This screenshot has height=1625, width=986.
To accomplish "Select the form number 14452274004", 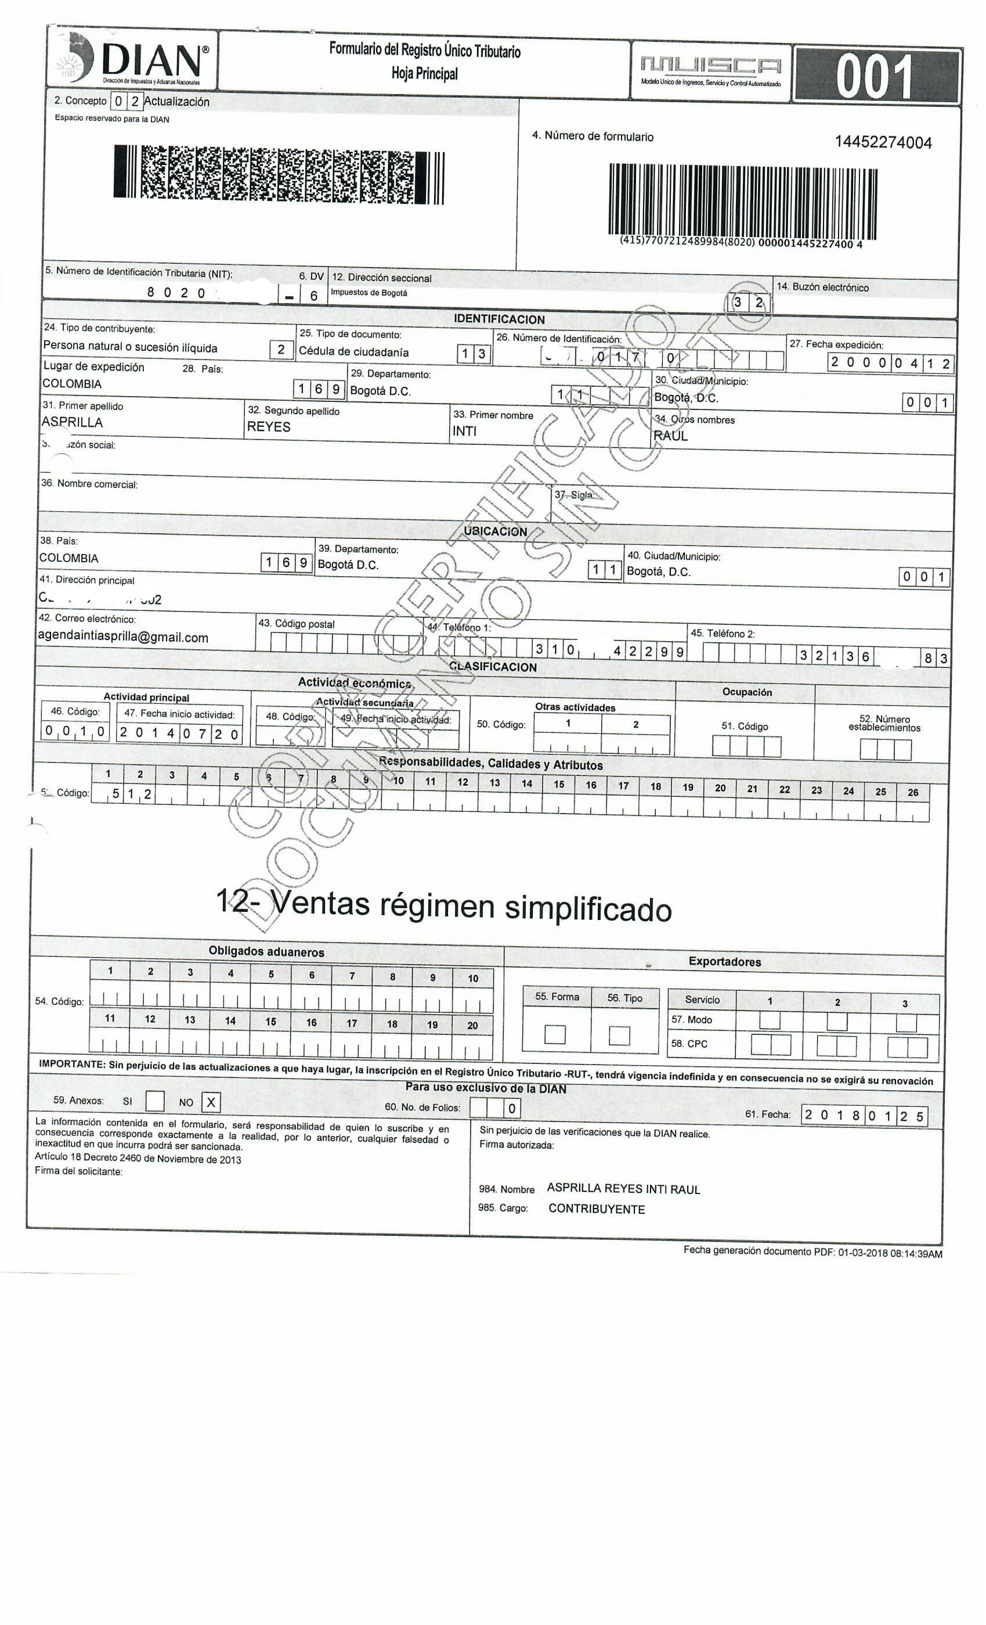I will coord(883,142).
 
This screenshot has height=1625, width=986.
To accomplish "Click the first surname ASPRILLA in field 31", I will coord(73,423).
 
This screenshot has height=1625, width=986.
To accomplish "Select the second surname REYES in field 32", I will coord(268,427).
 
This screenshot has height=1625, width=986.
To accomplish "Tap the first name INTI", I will coord(464,432).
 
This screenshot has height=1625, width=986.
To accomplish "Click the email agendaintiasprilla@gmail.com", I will coord(123,637).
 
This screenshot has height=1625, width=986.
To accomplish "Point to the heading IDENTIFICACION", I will coord(499,319).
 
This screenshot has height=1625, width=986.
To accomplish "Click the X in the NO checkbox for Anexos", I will coord(211,1102).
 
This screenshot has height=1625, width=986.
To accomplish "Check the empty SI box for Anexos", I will coord(155,1101).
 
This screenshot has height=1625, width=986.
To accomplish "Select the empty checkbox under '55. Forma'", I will coord(555,1034).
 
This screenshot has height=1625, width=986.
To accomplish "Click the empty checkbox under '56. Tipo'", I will coord(619,1036).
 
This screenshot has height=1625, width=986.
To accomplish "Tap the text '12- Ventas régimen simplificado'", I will coord(443,905).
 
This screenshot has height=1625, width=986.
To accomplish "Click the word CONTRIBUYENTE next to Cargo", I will coord(597,1209).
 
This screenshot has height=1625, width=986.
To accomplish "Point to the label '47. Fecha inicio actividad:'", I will coord(179,714).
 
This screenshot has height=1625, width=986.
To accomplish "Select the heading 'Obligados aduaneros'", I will coord(266,952).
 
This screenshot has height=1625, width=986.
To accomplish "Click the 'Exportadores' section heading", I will coord(724,962).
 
